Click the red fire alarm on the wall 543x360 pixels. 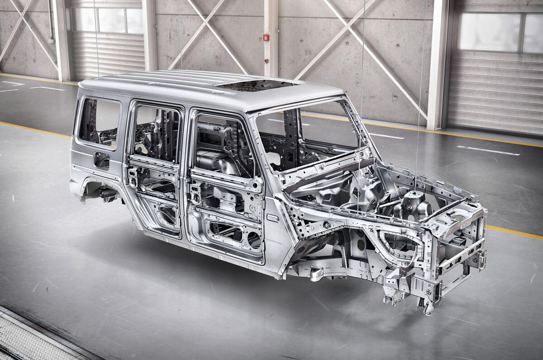click(x=266, y=38)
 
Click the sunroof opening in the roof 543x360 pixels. click(x=257, y=85)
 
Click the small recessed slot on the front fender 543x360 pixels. click(x=273, y=218)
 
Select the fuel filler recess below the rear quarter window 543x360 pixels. click(x=101, y=160)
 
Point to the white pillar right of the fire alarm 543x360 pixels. click(x=271, y=36)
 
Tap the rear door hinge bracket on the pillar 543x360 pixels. click(x=132, y=177)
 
